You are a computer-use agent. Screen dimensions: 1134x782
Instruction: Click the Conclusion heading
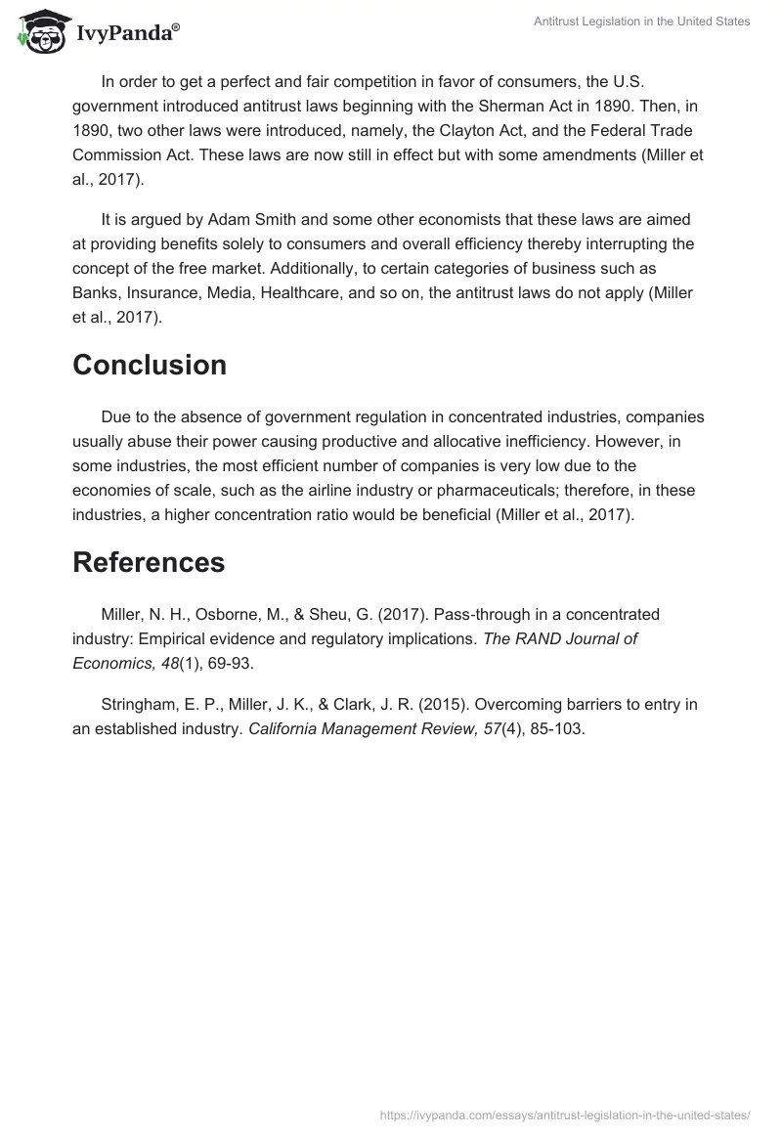(149, 365)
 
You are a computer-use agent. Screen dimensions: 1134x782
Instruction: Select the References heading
(148, 562)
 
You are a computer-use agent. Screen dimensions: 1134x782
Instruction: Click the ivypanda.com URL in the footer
(565, 1113)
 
